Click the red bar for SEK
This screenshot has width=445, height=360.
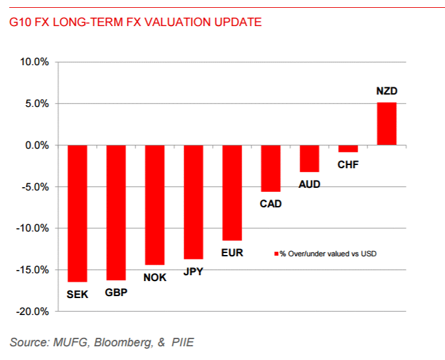78,213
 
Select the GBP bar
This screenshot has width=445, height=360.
116,213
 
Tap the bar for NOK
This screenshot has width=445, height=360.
154,205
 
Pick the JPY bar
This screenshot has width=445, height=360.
194,202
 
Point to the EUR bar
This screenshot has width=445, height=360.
232,192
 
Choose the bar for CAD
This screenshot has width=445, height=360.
270,168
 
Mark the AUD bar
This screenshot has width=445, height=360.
309,158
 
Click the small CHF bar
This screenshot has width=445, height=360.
348,149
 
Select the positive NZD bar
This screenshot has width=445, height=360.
386,124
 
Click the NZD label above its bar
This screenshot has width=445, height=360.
386,91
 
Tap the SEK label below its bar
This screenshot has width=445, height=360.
78,295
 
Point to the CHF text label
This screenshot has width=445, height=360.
348,165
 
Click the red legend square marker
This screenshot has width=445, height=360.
276,253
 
